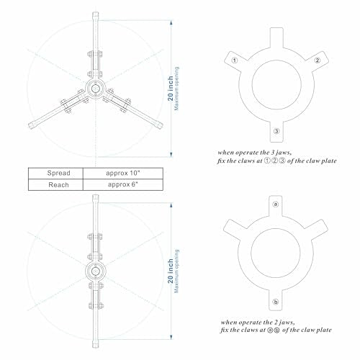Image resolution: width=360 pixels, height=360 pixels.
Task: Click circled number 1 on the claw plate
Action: (x=235, y=60)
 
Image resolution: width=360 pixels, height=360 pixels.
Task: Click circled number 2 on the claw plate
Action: (x=316, y=60)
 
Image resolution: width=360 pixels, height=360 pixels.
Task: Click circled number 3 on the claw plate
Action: (x=276, y=130)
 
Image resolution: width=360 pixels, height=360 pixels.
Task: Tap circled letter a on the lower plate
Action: (x=276, y=204)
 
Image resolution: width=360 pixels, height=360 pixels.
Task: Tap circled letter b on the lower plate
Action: (x=276, y=300)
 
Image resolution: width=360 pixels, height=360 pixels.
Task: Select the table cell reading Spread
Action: (x=54, y=174)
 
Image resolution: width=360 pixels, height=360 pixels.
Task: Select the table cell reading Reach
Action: (x=54, y=185)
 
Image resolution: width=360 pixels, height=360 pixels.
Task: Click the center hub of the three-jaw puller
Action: (x=94, y=88)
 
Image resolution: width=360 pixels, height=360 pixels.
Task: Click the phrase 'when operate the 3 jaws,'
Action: (x=258, y=153)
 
